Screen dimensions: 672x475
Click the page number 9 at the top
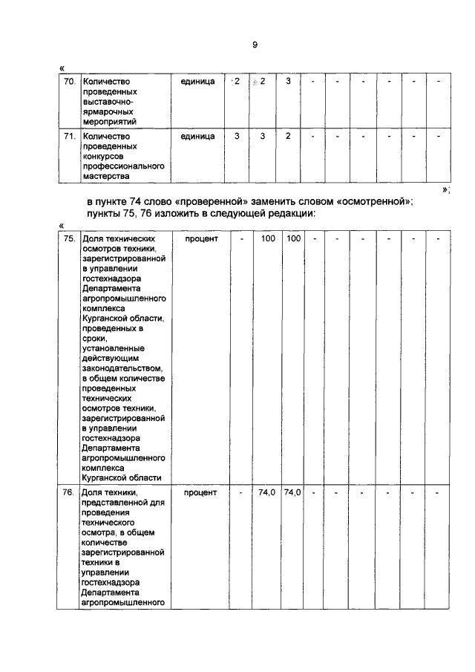coord(254,45)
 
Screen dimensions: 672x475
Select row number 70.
coord(68,80)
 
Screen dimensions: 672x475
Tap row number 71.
coord(68,136)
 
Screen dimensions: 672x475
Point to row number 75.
coord(68,239)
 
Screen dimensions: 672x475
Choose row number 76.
coord(68,492)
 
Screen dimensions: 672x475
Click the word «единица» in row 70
coord(197,80)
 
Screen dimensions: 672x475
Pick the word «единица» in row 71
coord(197,136)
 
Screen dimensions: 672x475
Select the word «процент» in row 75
coord(197,239)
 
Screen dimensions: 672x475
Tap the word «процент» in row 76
coord(197,492)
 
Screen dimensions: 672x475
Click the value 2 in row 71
coord(288,136)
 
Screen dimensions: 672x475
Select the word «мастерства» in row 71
coord(105,177)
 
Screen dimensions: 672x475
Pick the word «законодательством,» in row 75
coord(121,368)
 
